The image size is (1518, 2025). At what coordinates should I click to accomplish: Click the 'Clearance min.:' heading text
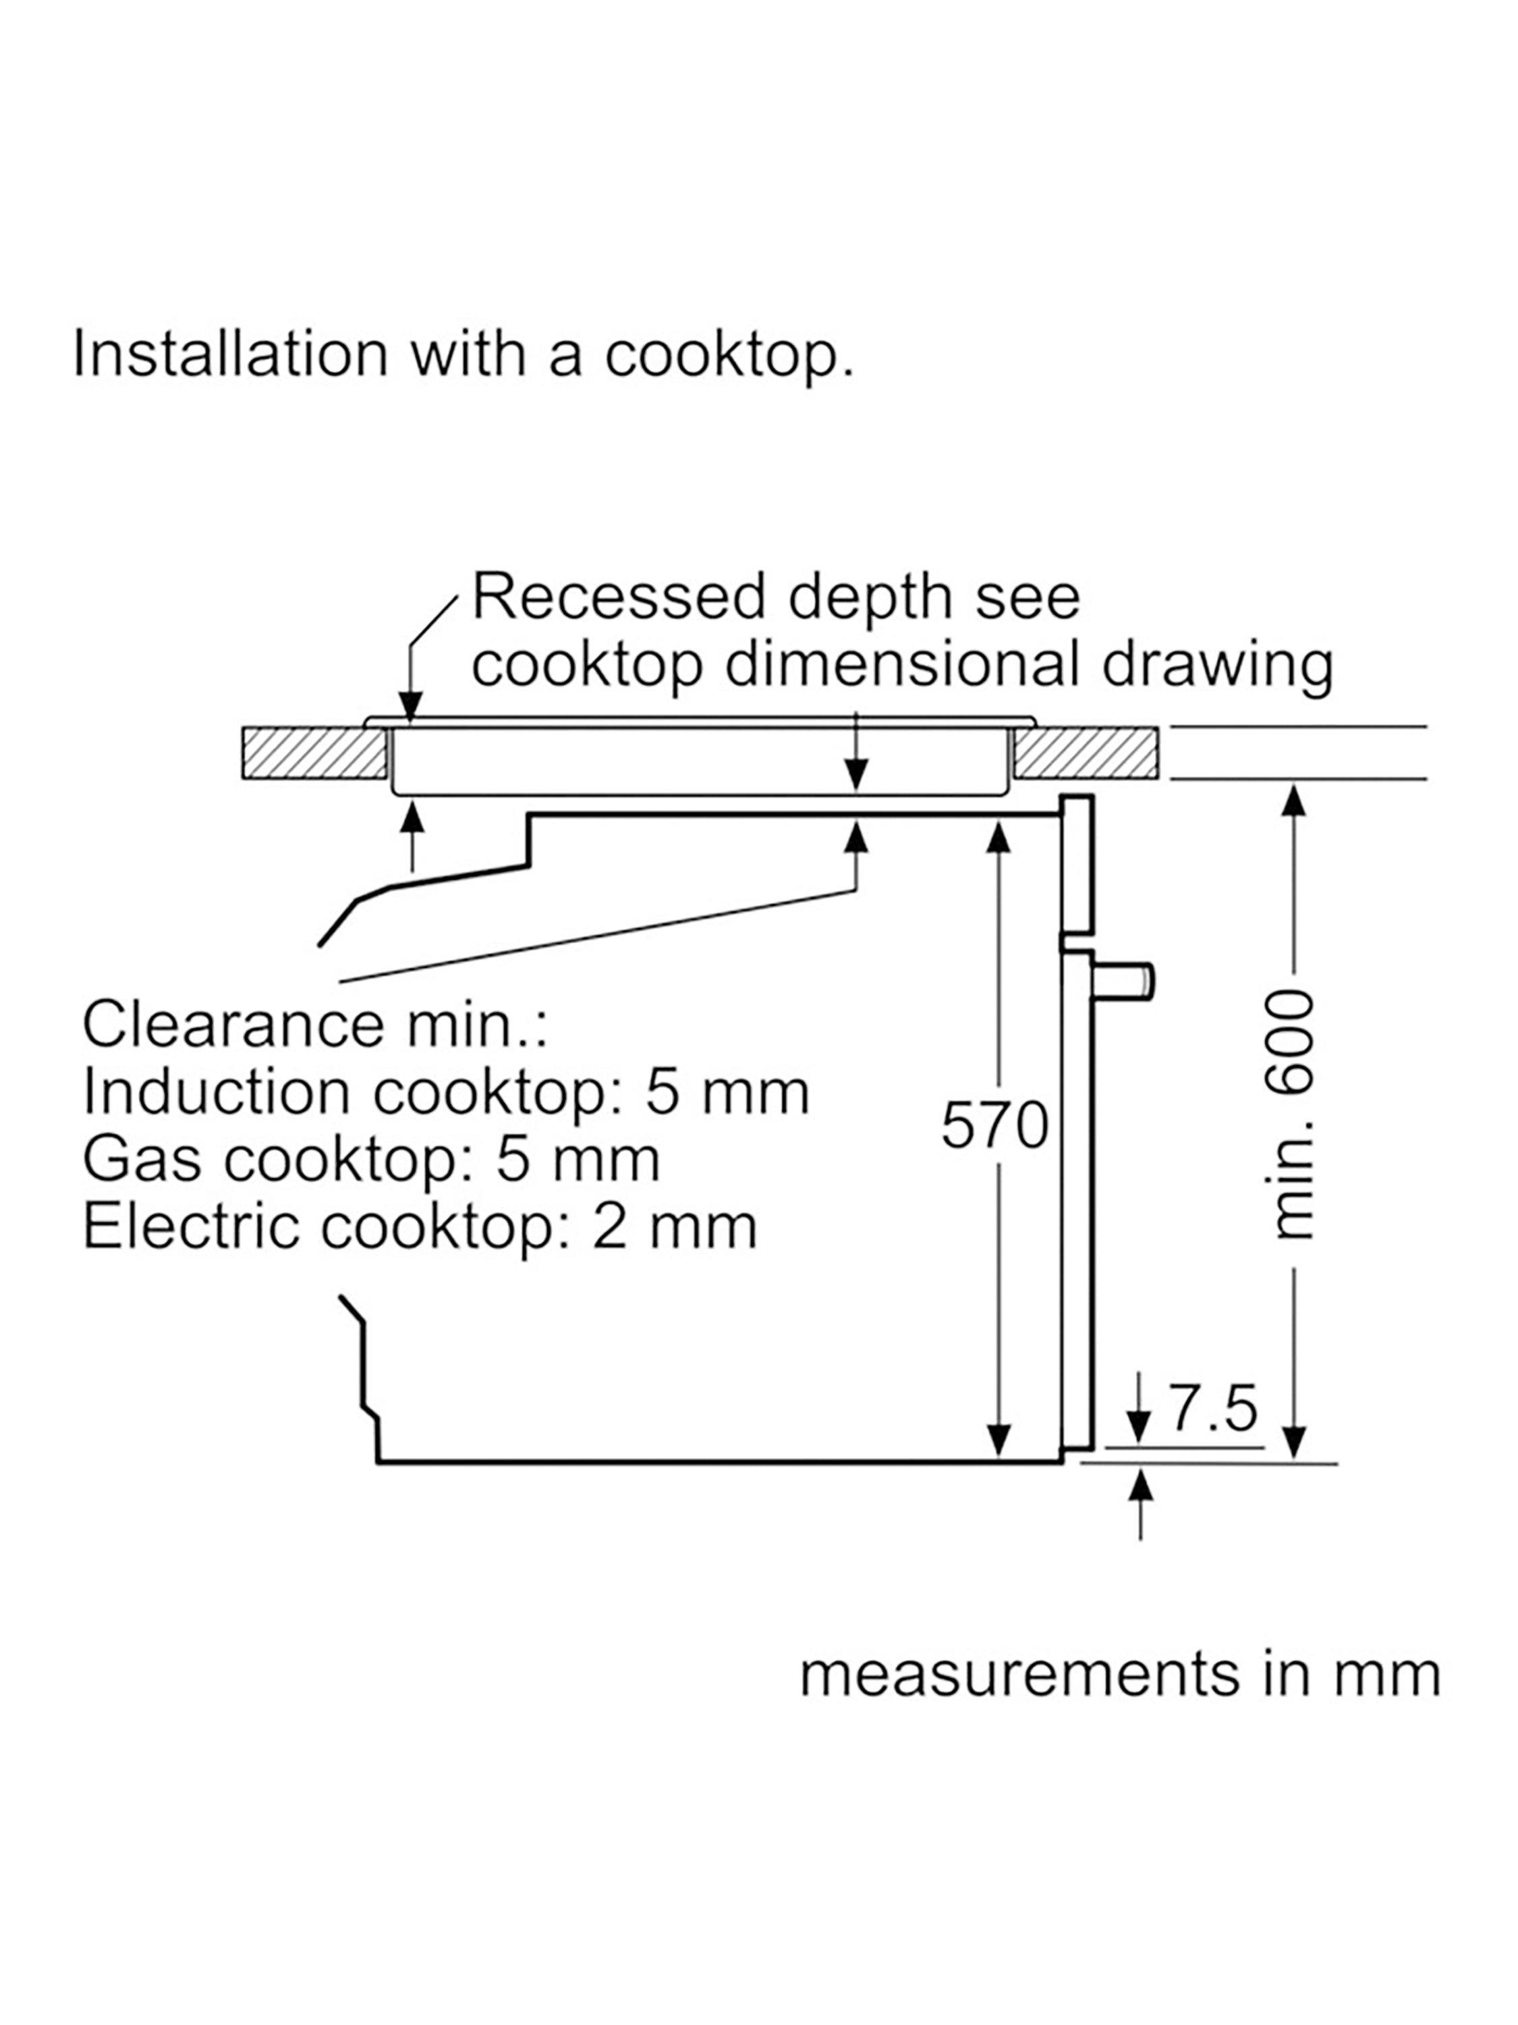(315, 1025)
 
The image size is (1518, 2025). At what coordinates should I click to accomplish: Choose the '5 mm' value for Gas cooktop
(578, 1160)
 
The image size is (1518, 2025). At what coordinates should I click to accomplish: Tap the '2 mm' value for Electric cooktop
(675, 1226)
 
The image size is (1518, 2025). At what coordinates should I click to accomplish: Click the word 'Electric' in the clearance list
(191, 1226)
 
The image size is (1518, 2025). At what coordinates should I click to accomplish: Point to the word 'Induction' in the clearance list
(216, 1093)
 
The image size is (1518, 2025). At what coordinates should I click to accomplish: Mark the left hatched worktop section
(314, 753)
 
